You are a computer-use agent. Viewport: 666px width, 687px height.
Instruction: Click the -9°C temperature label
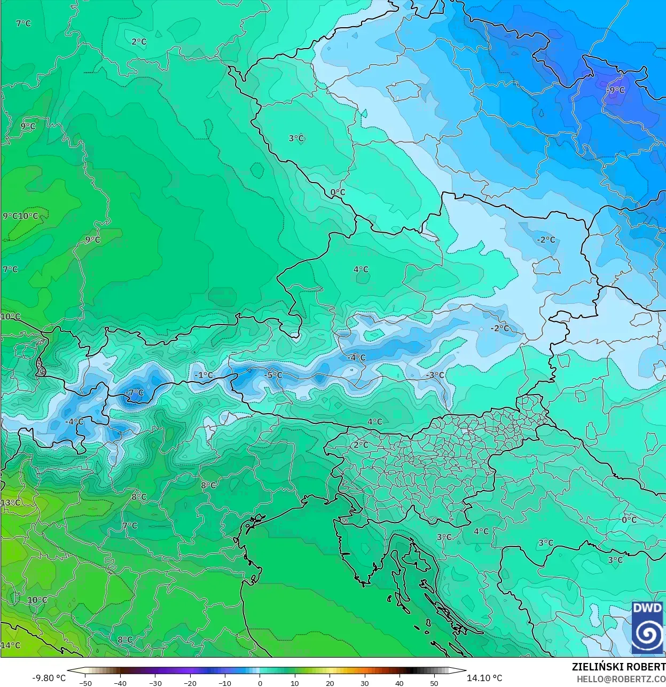[615, 90]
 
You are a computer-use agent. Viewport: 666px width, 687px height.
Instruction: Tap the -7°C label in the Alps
[135, 393]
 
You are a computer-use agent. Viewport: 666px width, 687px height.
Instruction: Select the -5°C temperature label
[273, 375]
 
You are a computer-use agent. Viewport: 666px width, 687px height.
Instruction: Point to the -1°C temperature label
[203, 375]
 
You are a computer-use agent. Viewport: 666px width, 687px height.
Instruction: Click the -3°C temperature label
[435, 375]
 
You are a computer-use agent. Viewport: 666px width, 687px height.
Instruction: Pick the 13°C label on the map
[11, 503]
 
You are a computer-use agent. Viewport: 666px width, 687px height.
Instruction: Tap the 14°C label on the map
[11, 645]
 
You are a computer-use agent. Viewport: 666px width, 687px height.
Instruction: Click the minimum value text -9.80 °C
[49, 678]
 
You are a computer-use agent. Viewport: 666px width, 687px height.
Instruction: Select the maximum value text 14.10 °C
[484, 678]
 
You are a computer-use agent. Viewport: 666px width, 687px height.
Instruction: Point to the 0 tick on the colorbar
[260, 683]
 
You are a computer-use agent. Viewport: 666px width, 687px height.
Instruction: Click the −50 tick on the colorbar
[85, 683]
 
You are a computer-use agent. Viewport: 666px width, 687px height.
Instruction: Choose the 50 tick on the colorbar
[434, 683]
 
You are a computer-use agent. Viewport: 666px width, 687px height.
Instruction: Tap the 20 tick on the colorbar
[330, 683]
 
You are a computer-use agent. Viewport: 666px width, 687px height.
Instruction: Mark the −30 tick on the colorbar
[155, 683]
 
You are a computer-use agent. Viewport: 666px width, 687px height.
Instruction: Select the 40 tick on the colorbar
[399, 683]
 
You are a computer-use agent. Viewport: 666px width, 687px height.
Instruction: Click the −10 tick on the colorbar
[225, 683]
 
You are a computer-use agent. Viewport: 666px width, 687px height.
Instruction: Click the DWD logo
[647, 627]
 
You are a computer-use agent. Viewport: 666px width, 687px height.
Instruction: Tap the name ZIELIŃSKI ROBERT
[618, 667]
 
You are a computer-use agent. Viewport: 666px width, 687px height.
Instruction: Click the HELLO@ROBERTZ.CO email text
[621, 678]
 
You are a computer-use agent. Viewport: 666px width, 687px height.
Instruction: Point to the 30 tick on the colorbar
[365, 683]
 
